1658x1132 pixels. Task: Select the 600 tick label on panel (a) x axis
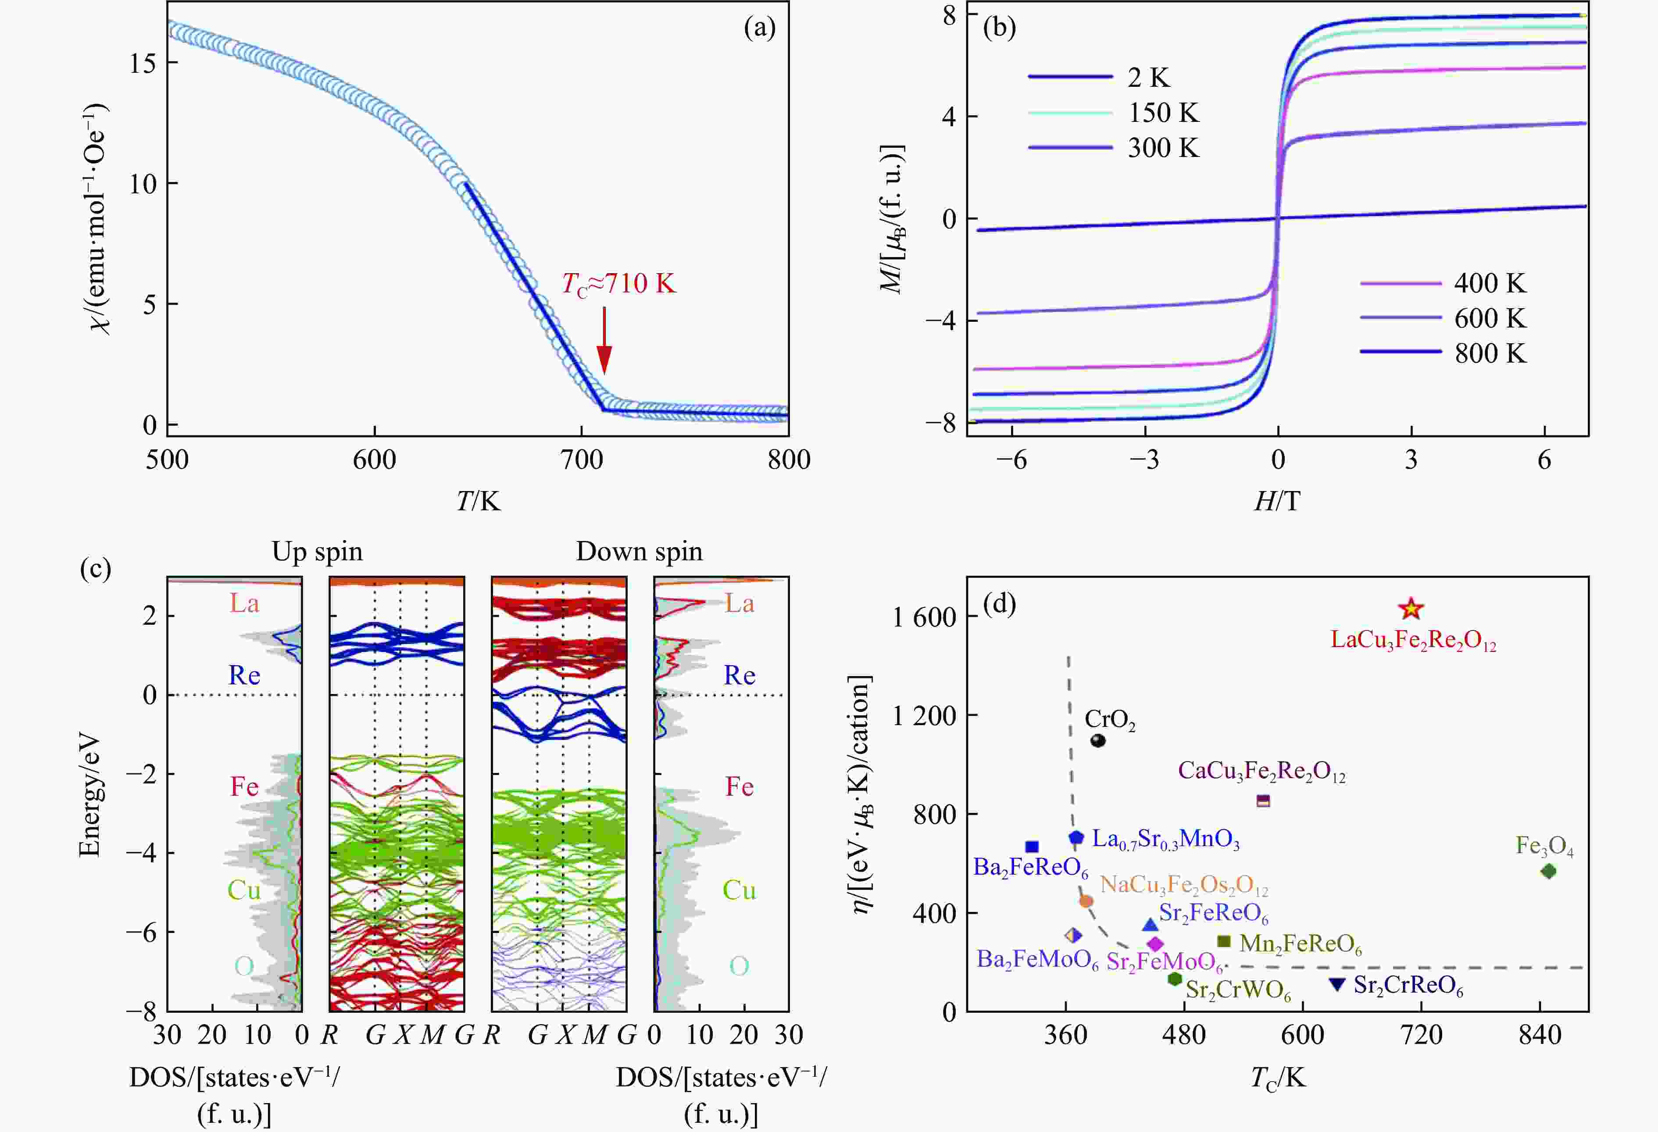point(375,459)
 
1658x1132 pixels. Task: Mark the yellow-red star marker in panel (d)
point(1411,609)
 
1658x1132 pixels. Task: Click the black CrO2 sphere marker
point(1098,740)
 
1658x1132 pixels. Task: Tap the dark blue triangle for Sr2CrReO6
point(1337,984)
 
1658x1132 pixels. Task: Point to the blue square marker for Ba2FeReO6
point(1032,847)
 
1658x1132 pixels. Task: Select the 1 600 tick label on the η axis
point(924,617)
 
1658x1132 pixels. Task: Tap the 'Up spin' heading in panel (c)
point(317,552)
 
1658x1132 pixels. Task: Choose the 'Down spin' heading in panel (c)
point(639,552)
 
